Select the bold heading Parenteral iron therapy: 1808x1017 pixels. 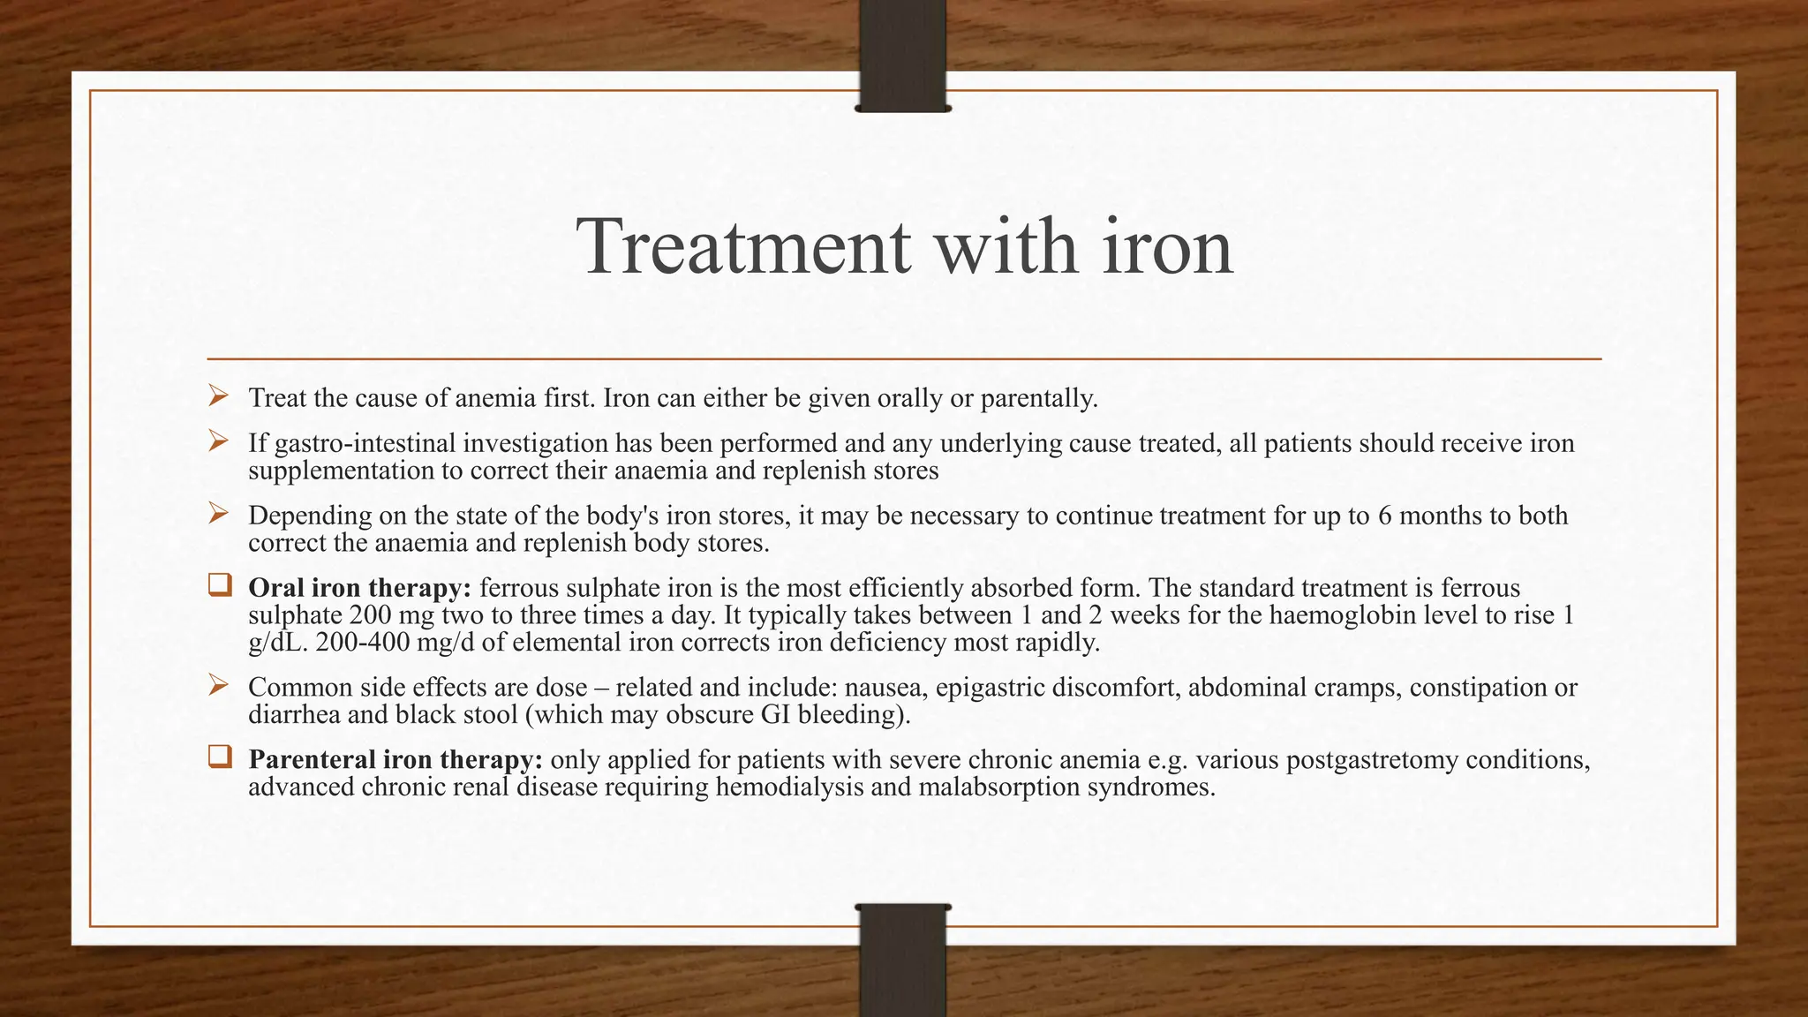(395, 759)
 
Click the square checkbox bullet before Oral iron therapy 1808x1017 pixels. (219, 586)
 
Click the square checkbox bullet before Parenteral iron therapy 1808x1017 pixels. (219, 757)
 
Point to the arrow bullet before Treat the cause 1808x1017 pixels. (219, 396)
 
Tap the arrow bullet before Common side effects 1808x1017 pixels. (219, 685)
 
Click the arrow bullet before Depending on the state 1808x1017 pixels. (219, 514)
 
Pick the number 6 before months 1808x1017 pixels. (1384, 516)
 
